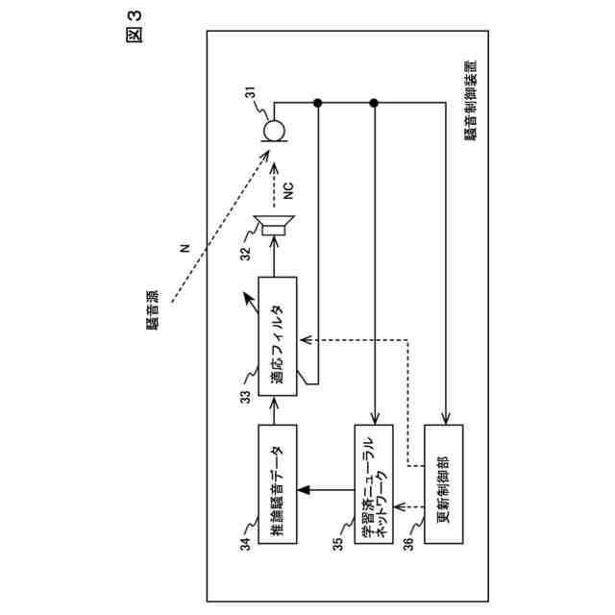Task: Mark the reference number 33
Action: pyautogui.click(x=246, y=395)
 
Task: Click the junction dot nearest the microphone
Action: pyautogui.click(x=318, y=103)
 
